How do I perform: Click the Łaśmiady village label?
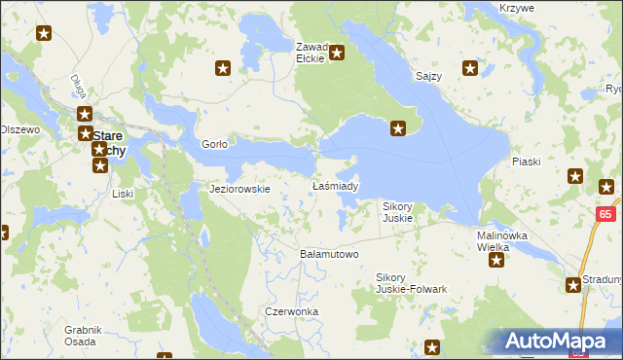click(x=335, y=186)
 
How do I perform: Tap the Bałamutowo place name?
click(x=328, y=254)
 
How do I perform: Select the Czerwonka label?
click(x=291, y=311)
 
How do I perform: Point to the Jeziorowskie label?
click(x=239, y=189)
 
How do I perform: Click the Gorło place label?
click(x=214, y=144)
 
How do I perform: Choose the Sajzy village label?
click(x=428, y=76)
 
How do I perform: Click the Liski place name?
click(x=123, y=194)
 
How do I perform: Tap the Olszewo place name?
click(x=19, y=129)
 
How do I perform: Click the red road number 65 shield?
click(x=605, y=214)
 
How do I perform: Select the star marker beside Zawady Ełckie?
click(x=338, y=53)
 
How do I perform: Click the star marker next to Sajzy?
click(x=470, y=68)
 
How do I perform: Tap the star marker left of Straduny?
click(x=574, y=284)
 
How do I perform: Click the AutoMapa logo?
click(x=558, y=342)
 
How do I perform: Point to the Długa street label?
click(x=79, y=86)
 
